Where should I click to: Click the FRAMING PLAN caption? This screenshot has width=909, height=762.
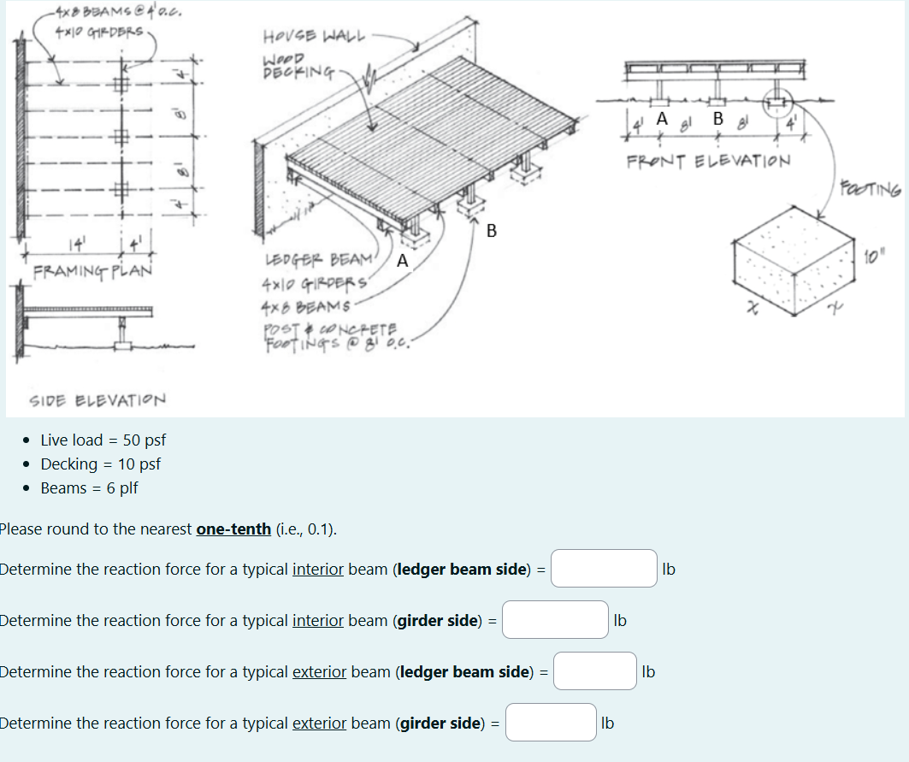click(92, 271)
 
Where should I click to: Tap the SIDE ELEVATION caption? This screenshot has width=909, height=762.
click(97, 400)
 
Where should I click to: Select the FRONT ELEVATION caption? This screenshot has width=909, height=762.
click(708, 161)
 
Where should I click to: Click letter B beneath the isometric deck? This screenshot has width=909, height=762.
click(491, 229)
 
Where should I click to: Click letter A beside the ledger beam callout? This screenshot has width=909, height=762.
click(402, 260)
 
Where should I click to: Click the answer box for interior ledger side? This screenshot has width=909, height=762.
click(604, 569)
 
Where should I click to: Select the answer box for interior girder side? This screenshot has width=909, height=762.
click(555, 620)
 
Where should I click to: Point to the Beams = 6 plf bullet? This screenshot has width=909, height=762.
click(89, 488)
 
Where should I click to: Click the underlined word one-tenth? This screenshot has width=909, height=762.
click(233, 529)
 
